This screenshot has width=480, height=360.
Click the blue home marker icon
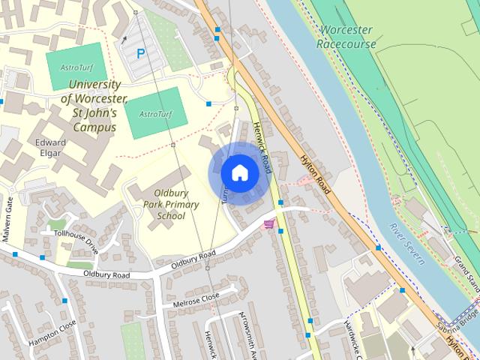point(238,172)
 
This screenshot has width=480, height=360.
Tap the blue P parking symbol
point(140,54)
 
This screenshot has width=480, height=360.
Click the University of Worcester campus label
point(94,106)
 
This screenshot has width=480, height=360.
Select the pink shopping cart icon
point(269,223)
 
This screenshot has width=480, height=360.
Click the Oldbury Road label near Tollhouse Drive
point(106,275)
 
